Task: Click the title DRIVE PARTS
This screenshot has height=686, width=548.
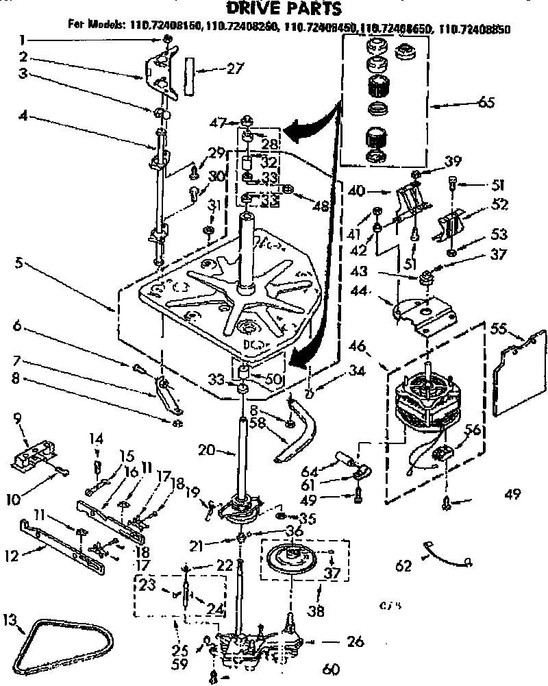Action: click(x=274, y=9)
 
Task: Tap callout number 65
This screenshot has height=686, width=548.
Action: click(x=485, y=103)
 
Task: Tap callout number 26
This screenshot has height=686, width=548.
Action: click(x=355, y=642)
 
